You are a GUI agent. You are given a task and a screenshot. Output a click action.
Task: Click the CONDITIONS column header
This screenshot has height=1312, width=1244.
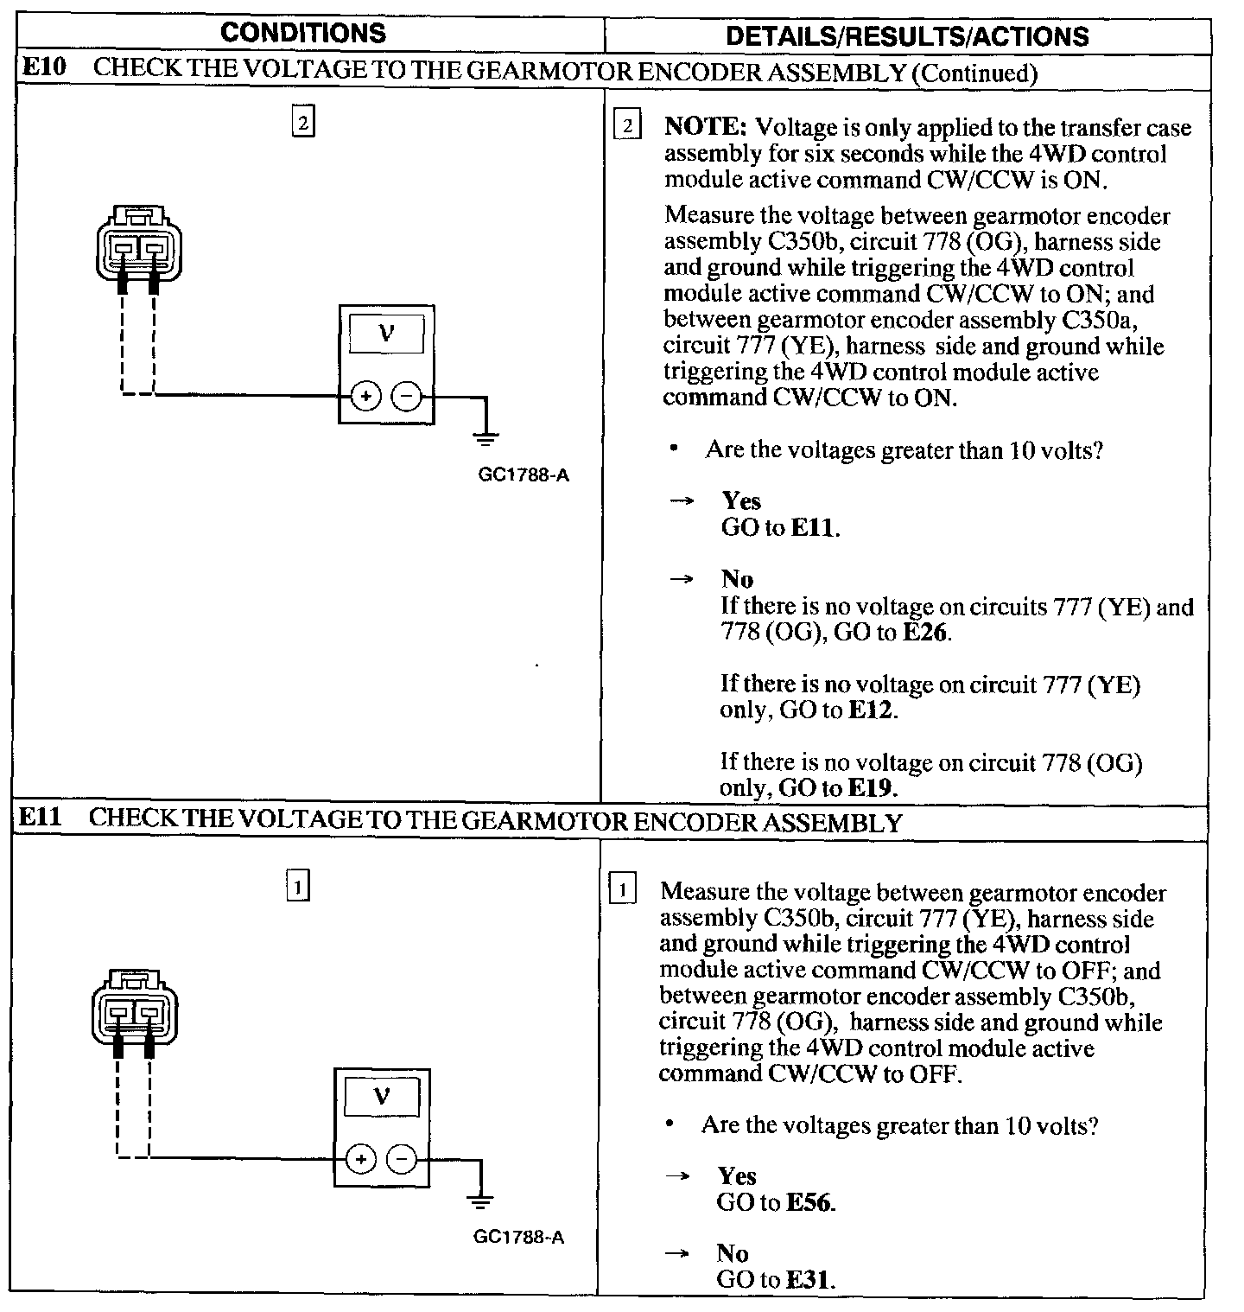pos(302,33)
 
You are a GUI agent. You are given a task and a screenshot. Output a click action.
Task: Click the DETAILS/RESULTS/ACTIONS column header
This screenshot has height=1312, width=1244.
pos(907,35)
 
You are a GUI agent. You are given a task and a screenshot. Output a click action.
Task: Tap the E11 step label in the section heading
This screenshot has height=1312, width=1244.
pos(41,818)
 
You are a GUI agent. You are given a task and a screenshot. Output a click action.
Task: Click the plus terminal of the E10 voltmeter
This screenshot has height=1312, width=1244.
pos(365,397)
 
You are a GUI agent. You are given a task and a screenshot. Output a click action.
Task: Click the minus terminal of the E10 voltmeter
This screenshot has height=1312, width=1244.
pos(406,397)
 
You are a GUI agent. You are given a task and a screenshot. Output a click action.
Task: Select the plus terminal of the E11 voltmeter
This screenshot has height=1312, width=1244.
pos(361,1159)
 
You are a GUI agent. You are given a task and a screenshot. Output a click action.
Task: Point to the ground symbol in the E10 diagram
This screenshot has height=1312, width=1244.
pos(486,437)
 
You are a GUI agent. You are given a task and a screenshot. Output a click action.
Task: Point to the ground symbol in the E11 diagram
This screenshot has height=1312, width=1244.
pos(481,1200)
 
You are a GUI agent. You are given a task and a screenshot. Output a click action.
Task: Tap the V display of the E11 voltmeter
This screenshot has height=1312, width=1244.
pos(382,1098)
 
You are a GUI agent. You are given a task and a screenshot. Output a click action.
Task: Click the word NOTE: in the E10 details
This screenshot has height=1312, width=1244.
pos(705,127)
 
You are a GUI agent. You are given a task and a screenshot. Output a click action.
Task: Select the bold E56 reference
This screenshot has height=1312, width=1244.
pos(810,1202)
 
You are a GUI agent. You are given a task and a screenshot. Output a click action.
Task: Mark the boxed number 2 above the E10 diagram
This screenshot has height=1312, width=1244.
pos(302,122)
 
